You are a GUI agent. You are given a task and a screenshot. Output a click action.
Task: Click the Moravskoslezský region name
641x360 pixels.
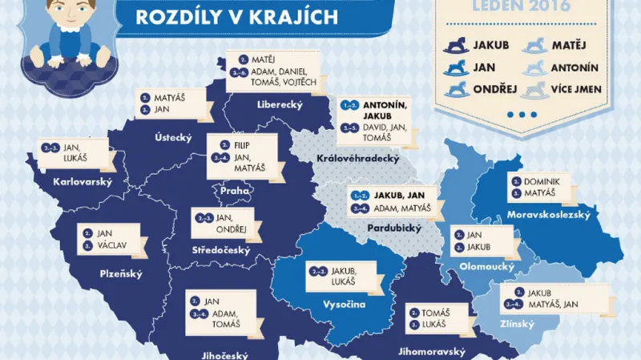click(549, 214)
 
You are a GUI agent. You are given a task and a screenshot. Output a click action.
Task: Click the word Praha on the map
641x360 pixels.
click(236, 191)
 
